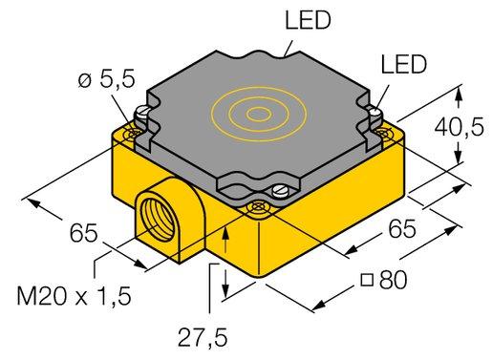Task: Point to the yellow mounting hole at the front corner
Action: coord(255,204)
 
